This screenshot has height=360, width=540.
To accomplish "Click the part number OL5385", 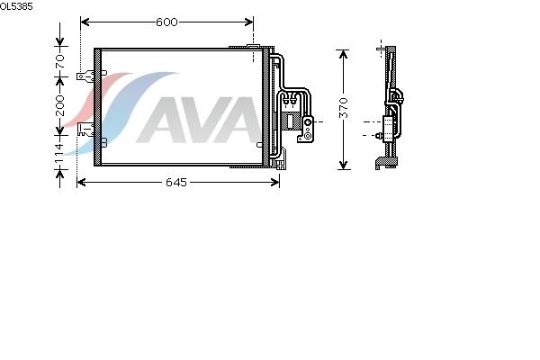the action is (16, 6).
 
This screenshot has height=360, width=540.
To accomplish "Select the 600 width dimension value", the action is (166, 22).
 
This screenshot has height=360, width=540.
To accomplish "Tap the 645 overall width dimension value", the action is (176, 182).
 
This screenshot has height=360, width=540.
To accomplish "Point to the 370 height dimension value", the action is (344, 108).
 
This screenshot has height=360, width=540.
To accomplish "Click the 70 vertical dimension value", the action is (60, 61).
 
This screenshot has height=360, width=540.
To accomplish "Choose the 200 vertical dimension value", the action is (60, 105).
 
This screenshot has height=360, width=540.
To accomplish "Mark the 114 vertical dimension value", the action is (59, 153).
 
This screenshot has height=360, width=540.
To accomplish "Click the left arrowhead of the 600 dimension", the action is (85, 22).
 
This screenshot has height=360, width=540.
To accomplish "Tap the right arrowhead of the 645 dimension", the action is (275, 182).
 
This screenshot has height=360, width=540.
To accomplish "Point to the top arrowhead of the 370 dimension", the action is (344, 54).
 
